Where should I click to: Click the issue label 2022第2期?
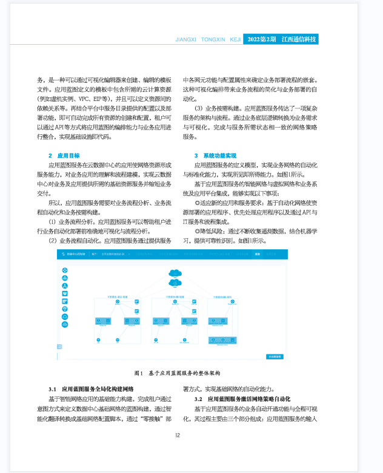click(x=262, y=39)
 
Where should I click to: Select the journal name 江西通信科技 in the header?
click(x=299, y=39)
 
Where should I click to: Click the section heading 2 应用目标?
click(x=64, y=155)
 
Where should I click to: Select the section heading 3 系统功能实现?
click(x=215, y=155)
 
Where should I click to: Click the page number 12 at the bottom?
click(x=178, y=435)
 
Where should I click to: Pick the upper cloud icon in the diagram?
click(x=175, y=273)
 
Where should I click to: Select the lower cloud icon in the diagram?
click(x=175, y=282)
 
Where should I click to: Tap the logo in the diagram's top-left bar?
click(x=63, y=255)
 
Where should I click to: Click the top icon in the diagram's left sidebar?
click(x=65, y=270)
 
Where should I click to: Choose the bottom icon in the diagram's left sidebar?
click(x=65, y=324)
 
